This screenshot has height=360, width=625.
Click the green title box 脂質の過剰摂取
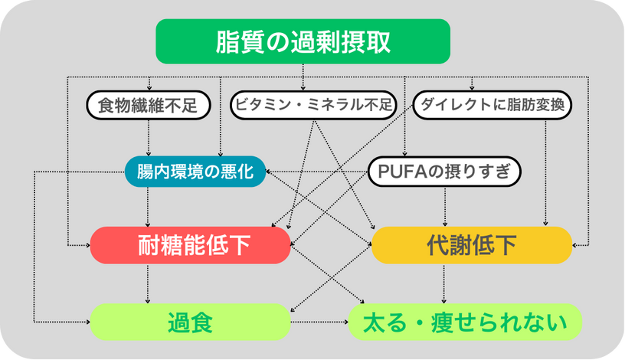[x=303, y=41]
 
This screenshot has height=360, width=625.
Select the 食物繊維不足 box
[x=149, y=105]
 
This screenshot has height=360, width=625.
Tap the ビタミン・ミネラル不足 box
[x=314, y=105]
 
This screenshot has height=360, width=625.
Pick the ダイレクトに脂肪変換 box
[x=492, y=105]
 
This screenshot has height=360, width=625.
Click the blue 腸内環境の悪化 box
[x=195, y=172]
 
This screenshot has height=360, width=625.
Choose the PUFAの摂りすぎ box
[x=444, y=172]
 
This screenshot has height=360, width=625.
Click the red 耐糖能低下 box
[x=191, y=245]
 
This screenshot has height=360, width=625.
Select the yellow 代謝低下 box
[x=472, y=245]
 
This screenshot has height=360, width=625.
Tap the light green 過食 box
[x=191, y=322]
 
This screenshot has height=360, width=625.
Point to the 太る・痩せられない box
[x=465, y=322]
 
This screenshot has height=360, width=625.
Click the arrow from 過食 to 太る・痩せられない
[x=319, y=322]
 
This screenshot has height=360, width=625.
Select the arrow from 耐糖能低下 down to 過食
[x=148, y=284]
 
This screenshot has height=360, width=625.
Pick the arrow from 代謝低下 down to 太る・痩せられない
[x=444, y=284]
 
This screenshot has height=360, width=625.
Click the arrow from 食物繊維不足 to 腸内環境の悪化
[x=149, y=138]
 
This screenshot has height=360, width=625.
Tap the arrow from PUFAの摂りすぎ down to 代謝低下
[x=445, y=207]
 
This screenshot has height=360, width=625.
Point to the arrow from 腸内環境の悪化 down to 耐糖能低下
[x=148, y=207]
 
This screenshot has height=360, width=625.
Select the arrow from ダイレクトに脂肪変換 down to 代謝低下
[x=545, y=173]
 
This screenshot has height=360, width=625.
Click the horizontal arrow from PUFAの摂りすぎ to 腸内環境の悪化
[x=317, y=172]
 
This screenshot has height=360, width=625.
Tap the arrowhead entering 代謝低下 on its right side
[x=574, y=245]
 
